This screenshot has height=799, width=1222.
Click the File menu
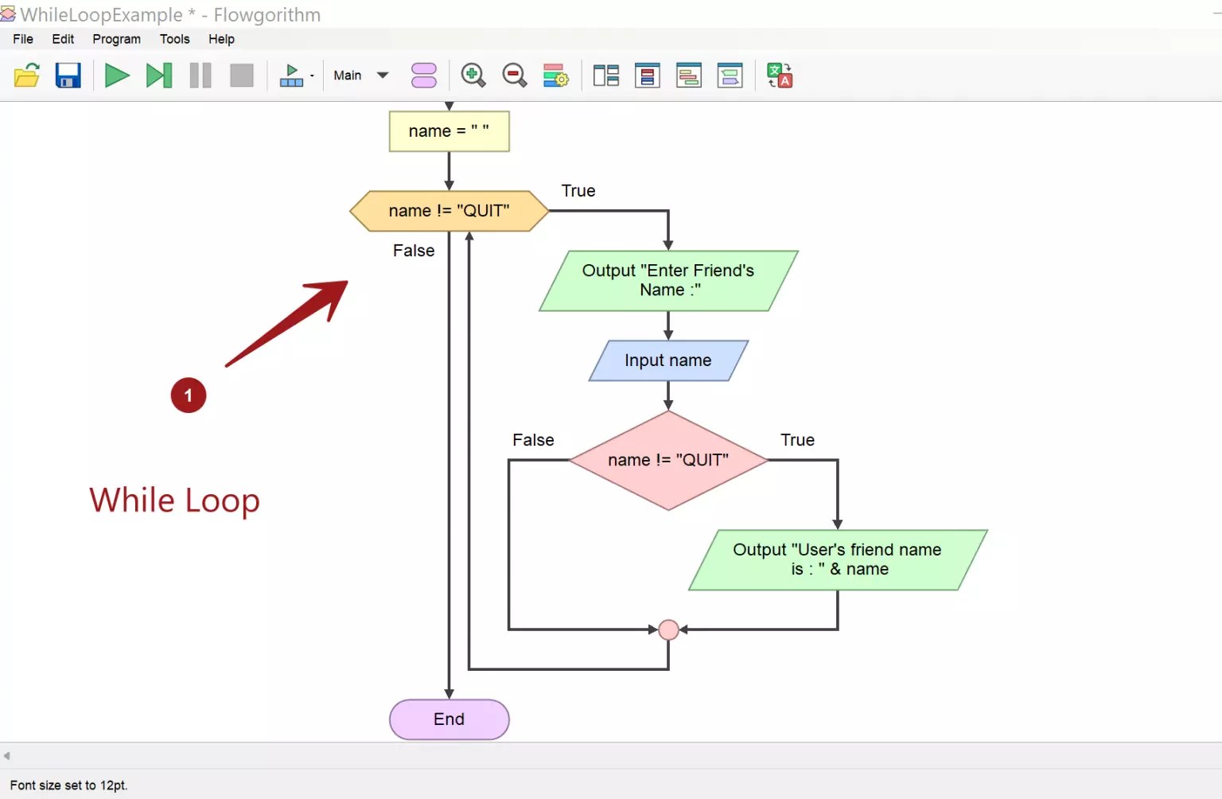[x=23, y=39]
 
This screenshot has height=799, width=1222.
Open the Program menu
[x=116, y=39]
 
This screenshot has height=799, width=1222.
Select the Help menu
[x=221, y=39]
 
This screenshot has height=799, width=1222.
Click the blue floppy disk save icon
[x=68, y=76]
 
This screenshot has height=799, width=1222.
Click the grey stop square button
[x=241, y=76]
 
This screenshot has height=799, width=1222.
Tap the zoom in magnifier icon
[x=473, y=76]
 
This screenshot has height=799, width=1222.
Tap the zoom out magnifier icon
[x=515, y=76]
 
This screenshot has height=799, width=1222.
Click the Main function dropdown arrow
[x=383, y=76]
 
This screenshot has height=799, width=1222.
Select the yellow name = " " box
[x=449, y=131]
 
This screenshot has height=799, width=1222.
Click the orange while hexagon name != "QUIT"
[x=449, y=211]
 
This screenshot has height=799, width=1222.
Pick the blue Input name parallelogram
[x=668, y=361]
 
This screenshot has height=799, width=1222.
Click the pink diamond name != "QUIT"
[x=668, y=460]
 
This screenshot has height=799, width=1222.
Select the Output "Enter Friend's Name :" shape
[x=668, y=280]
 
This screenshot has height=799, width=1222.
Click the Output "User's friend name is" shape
[x=837, y=559]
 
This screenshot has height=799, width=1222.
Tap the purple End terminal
[x=449, y=719]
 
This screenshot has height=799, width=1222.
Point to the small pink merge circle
[x=668, y=629]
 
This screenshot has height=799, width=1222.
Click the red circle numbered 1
[x=189, y=396]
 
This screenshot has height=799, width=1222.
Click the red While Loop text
[x=174, y=501]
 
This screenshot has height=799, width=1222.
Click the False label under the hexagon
[x=414, y=251]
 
